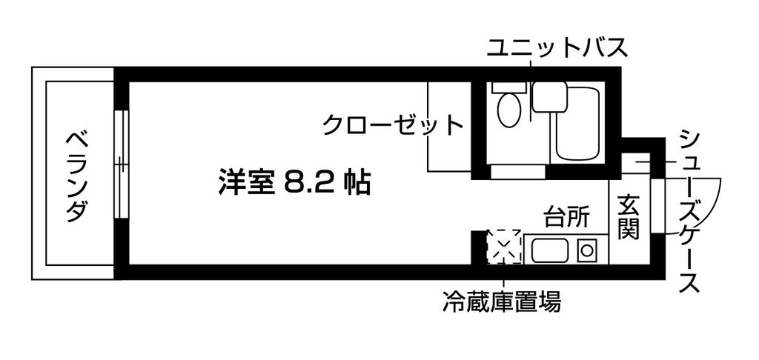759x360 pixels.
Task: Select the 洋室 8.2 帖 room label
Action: pos(294,182)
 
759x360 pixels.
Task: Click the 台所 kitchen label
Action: pos(567,218)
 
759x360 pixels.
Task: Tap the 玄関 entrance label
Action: pos(629,216)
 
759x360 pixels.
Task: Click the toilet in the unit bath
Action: pos(509,108)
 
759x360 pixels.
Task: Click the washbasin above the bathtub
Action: pos(549,96)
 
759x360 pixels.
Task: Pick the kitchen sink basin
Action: pos(549,251)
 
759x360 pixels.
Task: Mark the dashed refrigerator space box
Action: pos(504,247)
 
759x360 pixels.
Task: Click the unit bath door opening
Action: pos(518,173)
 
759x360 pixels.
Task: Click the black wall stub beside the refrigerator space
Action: pos(479,246)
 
